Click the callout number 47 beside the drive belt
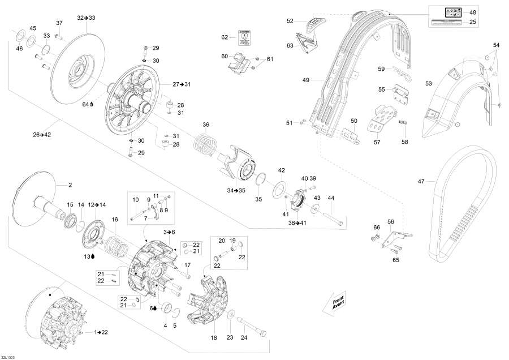point(421,182)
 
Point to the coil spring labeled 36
point(206,145)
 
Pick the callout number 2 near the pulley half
point(71,185)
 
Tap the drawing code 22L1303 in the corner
point(9,357)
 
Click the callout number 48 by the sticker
point(473,12)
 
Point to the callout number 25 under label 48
point(473,22)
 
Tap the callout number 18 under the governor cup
point(214,338)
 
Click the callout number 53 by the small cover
point(429,83)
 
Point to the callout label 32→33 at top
point(87,18)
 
